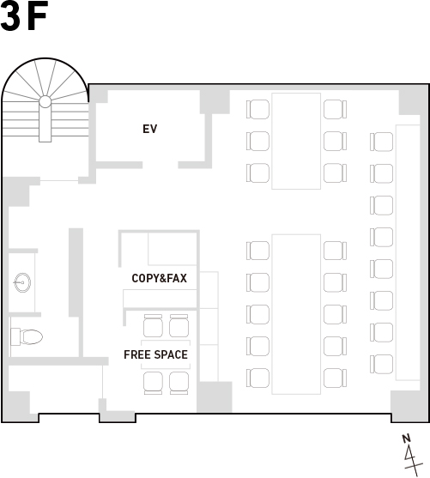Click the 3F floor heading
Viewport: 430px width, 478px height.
coord(24,15)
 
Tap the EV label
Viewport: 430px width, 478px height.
coord(149,129)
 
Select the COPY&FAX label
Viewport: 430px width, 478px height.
coord(159,278)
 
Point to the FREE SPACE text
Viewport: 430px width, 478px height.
coord(156,354)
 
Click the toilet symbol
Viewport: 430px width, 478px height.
coord(27,336)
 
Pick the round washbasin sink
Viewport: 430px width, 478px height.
coord(22,282)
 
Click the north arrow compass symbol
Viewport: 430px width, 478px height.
coord(412,455)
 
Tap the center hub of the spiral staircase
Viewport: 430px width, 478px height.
coord(45,101)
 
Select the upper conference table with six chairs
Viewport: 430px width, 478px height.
coord(296,141)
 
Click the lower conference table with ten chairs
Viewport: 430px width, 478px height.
coord(296,314)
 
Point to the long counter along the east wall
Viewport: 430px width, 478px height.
coord(408,252)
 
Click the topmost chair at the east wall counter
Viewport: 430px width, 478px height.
coord(382,142)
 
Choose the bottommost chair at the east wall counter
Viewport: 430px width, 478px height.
coord(382,364)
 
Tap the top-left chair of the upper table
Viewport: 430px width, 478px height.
coord(258,109)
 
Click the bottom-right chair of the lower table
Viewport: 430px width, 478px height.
coord(335,378)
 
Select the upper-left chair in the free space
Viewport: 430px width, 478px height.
coord(153,325)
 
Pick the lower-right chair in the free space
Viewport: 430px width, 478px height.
coord(179,384)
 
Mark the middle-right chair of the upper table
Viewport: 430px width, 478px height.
coord(335,141)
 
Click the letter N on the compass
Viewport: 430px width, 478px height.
coord(406,439)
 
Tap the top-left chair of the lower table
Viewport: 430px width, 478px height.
coord(258,251)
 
